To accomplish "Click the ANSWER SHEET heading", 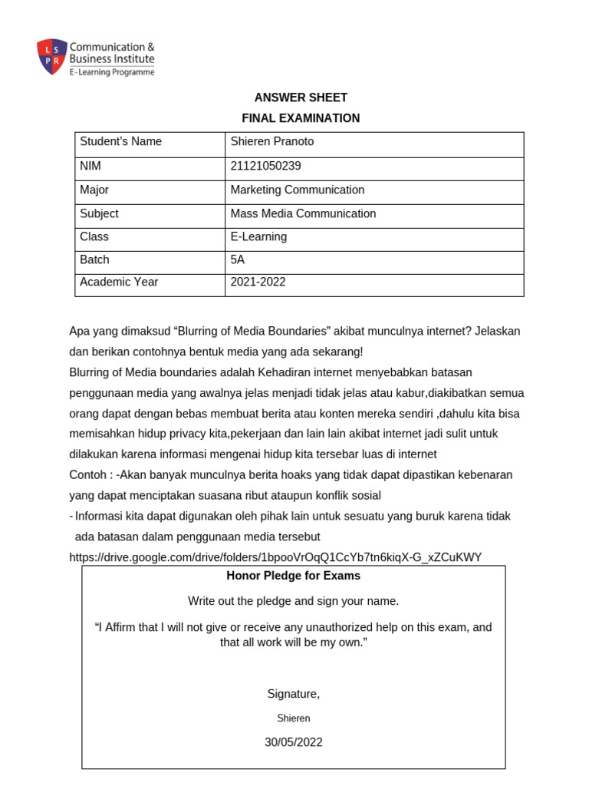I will (x=301, y=97).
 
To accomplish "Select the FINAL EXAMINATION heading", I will (x=301, y=118).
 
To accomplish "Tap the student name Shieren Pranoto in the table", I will (x=272, y=142).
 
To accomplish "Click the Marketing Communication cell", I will (x=298, y=190).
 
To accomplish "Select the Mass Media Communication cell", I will (x=303, y=213).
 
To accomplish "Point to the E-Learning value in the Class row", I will (x=258, y=236).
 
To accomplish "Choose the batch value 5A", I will (x=238, y=259).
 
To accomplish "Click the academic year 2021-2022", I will (x=258, y=282).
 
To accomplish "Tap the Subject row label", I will (x=99, y=213).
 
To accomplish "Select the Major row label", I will (x=94, y=190).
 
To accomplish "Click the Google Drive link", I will (x=275, y=557).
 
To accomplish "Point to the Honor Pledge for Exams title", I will (x=293, y=576).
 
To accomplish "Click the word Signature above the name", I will (x=292, y=694).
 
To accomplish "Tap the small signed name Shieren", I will (x=293, y=718).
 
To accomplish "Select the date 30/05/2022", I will (x=293, y=742).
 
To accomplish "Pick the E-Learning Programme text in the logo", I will (x=112, y=72).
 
